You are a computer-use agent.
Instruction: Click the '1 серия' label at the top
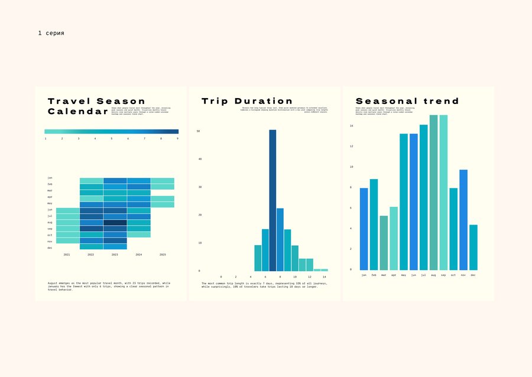[51, 33]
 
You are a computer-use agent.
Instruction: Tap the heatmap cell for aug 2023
[115, 222]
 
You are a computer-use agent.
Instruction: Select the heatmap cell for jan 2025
[163, 181]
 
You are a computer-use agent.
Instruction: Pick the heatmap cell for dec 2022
[92, 247]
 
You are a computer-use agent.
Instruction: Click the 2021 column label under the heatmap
[67, 255]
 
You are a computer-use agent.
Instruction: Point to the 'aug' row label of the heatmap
[50, 222]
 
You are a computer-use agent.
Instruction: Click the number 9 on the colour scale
[178, 139]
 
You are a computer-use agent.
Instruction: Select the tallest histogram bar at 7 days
[273, 201]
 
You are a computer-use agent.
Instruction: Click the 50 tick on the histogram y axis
[199, 131]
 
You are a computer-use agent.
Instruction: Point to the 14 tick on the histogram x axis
[324, 277]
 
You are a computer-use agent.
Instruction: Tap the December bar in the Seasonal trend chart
[474, 248]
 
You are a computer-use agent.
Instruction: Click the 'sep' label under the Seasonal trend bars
[444, 275]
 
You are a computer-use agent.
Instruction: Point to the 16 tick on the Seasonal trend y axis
[351, 126]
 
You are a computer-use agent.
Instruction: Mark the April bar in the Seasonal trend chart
[394, 239]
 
